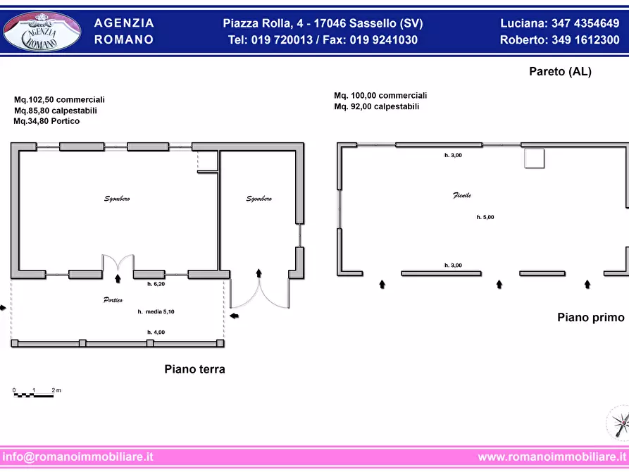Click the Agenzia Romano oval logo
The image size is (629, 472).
[42, 32]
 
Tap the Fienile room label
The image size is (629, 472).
[462, 195]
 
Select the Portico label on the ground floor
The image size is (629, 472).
[113, 300]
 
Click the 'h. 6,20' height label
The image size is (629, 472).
[156, 284]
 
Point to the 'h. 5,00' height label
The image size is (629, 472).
[485, 217]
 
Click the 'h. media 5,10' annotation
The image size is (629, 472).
[156, 311]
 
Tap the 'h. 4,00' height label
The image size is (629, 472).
[156, 332]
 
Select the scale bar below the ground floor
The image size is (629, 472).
[34, 395]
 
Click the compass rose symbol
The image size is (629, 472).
[618, 423]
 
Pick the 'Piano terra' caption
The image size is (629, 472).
[194, 369]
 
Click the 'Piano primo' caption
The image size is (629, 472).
[591, 318]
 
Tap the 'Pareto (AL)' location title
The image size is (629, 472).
[561, 71]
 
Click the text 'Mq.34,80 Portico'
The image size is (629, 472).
[46, 120]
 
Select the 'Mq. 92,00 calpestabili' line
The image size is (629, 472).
[377, 106]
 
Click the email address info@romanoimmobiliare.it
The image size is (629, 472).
[77, 457]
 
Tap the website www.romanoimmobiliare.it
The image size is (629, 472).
[552, 457]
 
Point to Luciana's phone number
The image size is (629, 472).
[585, 23]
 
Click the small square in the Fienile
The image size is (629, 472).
[535, 158]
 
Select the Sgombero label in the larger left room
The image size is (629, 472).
[117, 199]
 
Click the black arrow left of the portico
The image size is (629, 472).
[3, 308]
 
